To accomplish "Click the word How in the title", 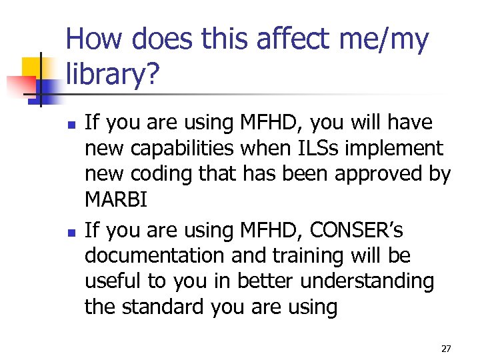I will pos(97,41).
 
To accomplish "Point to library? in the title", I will pos(113,77).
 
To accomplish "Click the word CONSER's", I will pos(360,231).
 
